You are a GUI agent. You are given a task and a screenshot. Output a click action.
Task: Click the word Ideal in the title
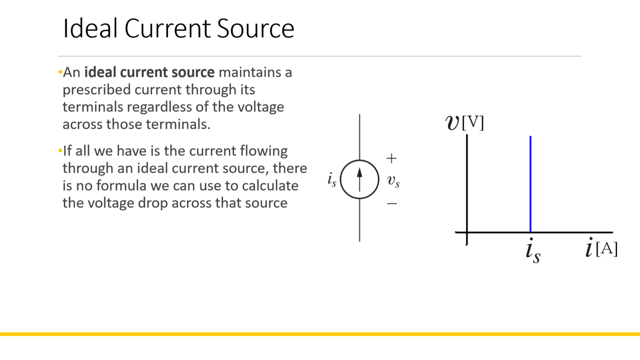[90, 29]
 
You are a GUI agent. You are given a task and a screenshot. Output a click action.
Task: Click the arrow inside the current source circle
[359, 179]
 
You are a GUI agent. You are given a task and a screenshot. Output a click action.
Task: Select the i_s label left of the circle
[332, 180]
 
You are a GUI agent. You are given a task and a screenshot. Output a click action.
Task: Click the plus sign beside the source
[391, 158]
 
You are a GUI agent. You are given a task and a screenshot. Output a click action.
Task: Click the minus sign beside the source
[392, 204]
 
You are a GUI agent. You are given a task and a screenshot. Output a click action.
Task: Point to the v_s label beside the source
[393, 181]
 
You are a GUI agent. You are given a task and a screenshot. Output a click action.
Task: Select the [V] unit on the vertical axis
[473, 123]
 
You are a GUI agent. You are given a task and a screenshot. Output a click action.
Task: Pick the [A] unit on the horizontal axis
[606, 249]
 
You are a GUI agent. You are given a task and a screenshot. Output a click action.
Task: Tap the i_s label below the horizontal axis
[533, 252]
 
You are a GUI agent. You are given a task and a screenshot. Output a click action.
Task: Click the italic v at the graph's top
[452, 123]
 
